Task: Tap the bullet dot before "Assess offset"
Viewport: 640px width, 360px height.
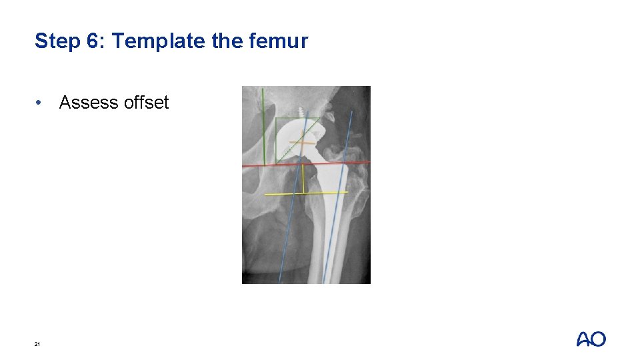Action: pos(41,103)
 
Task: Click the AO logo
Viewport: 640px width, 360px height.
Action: pos(591,339)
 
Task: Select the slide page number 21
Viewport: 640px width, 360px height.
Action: pos(37,344)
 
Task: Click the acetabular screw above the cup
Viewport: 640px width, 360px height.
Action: pos(301,112)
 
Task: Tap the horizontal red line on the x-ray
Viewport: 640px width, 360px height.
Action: pos(253,165)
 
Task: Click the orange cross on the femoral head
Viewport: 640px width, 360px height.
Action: pos(301,142)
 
